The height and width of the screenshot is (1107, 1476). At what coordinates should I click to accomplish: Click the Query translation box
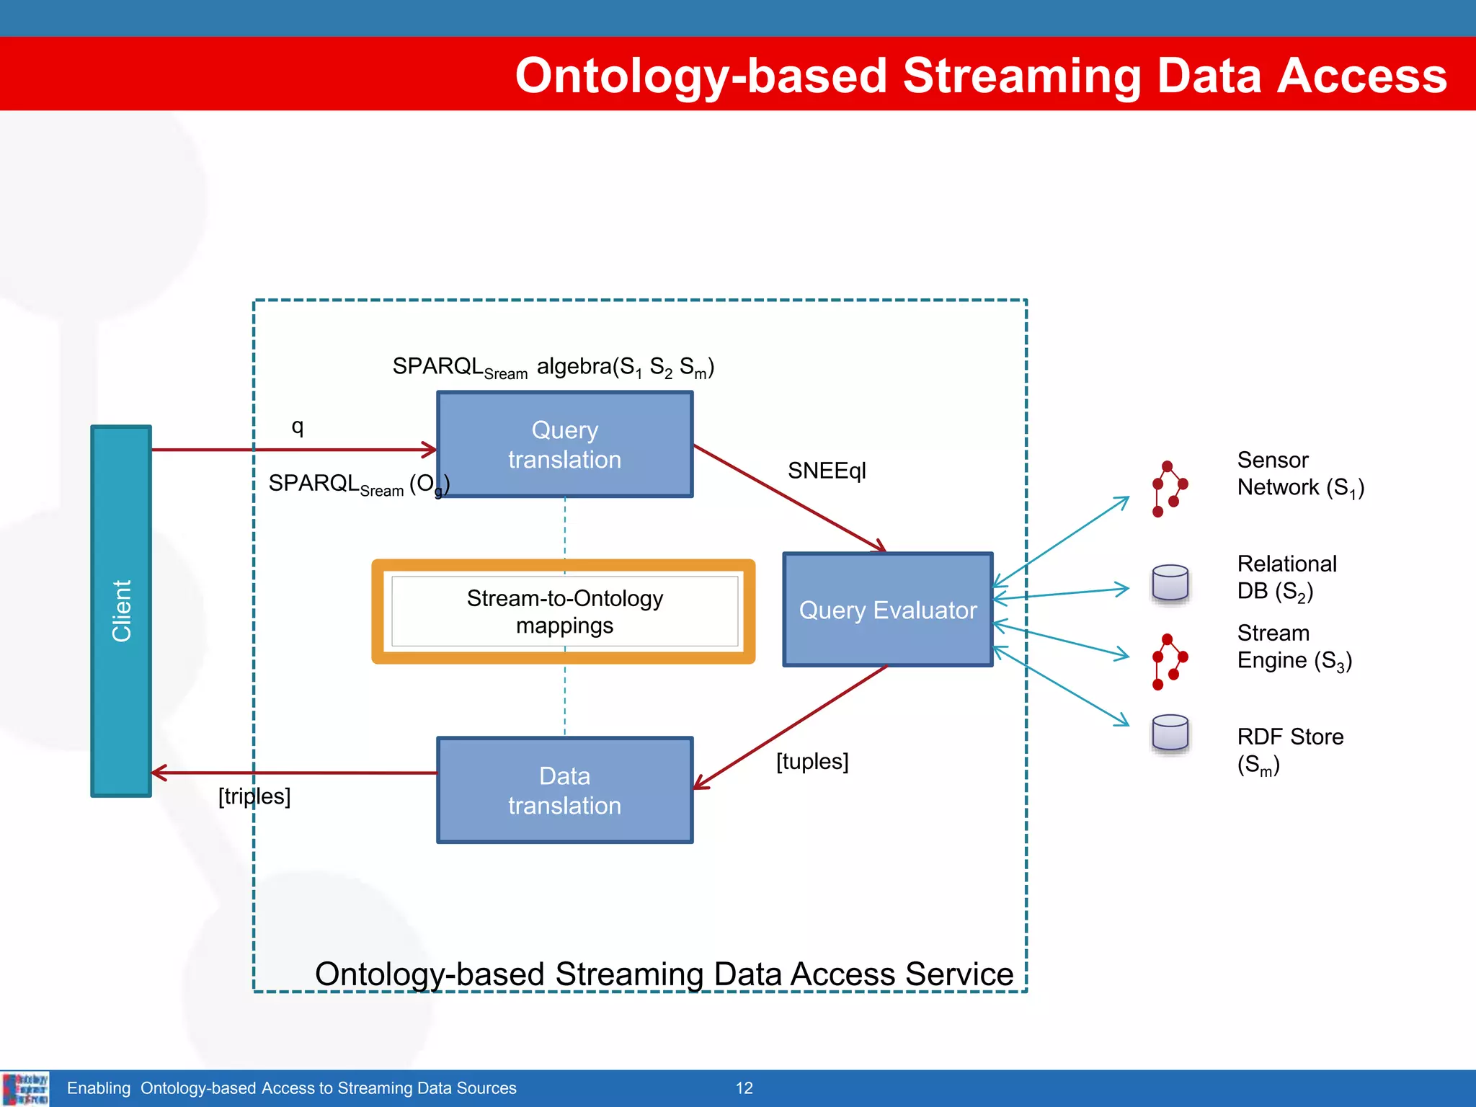point(564,444)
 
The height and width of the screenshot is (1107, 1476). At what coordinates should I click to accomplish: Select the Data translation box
point(564,790)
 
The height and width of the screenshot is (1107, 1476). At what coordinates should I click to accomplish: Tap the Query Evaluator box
point(887,610)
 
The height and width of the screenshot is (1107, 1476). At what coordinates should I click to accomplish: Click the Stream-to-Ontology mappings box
point(564,611)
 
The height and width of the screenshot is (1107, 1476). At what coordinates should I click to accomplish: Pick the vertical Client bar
point(121,610)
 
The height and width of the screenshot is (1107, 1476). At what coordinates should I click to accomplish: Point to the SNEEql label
point(826,471)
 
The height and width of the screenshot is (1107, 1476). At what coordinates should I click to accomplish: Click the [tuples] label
point(812,761)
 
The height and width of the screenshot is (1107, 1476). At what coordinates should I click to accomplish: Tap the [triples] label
point(254,796)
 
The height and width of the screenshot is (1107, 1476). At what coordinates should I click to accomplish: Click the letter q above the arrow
point(297,426)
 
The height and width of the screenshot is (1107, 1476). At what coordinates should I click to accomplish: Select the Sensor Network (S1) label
point(1299,474)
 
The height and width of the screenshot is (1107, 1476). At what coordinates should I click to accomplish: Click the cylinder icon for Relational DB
point(1170,582)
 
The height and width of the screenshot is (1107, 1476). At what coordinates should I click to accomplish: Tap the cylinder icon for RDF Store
point(1170,733)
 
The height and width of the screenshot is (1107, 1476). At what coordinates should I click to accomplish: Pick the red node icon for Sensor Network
point(1168,489)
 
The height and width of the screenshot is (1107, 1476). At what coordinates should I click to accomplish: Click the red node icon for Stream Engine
point(1168,662)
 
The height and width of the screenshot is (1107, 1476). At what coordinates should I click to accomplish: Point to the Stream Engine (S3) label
point(1294,646)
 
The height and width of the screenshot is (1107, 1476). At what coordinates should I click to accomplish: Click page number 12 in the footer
point(744,1088)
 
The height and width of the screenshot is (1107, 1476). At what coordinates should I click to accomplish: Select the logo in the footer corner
point(25,1088)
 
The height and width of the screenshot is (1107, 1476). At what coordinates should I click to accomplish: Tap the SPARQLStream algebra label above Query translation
point(553,367)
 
